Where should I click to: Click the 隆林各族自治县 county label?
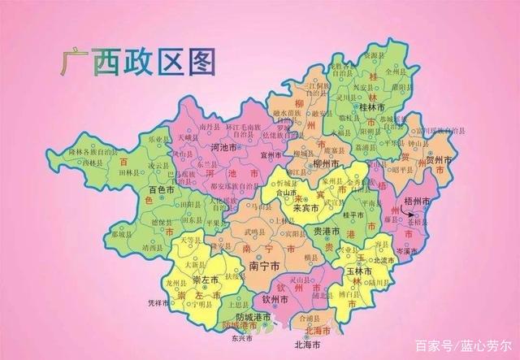pos(95,151)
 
